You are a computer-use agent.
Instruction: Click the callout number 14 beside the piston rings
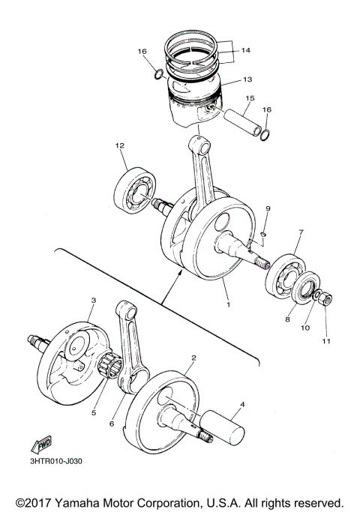pos(245,53)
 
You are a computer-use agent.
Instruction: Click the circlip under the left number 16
pos(158,73)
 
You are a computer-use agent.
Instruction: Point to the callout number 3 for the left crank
pos(92,300)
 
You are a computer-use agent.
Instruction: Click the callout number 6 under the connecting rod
pos(112,424)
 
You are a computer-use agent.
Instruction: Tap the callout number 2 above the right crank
pos(193,358)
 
